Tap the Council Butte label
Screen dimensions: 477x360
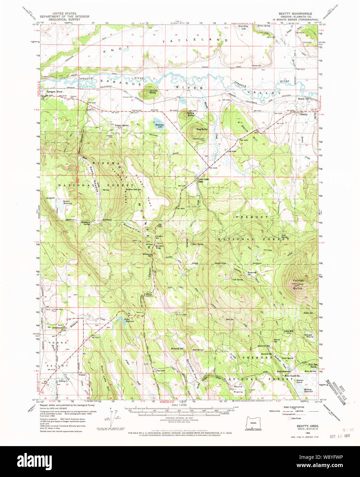click(153, 92)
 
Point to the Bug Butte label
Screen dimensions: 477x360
click(202, 129)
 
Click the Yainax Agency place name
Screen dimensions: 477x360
click(122, 125)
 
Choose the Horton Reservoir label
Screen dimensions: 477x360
click(68, 202)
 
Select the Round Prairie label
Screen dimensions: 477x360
click(238, 389)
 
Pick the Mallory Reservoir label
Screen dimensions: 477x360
click(308, 390)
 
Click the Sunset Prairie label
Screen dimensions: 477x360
click(309, 336)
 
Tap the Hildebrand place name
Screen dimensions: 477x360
click(58, 328)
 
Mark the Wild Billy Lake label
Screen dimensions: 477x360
click(243, 27)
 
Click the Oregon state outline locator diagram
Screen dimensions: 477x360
click(253, 423)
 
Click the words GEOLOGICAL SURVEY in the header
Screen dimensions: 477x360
click(64, 20)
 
